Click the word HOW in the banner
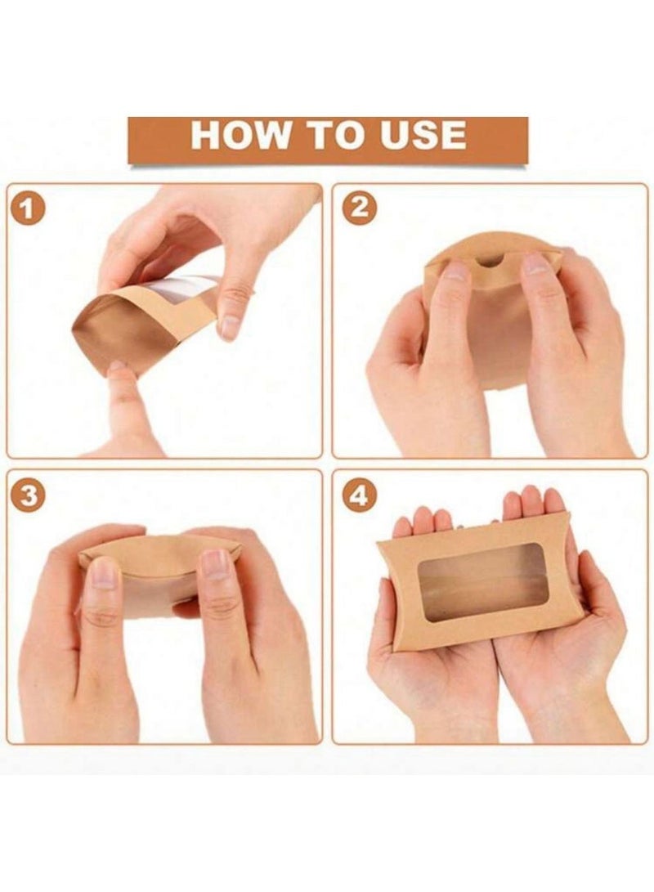coord(238,136)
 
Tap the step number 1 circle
coord(29,210)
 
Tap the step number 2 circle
coord(359,210)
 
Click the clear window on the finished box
coord(482,583)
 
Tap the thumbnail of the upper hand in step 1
coord(231,325)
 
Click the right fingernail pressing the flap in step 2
coord(536,263)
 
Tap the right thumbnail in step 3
coord(216,565)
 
